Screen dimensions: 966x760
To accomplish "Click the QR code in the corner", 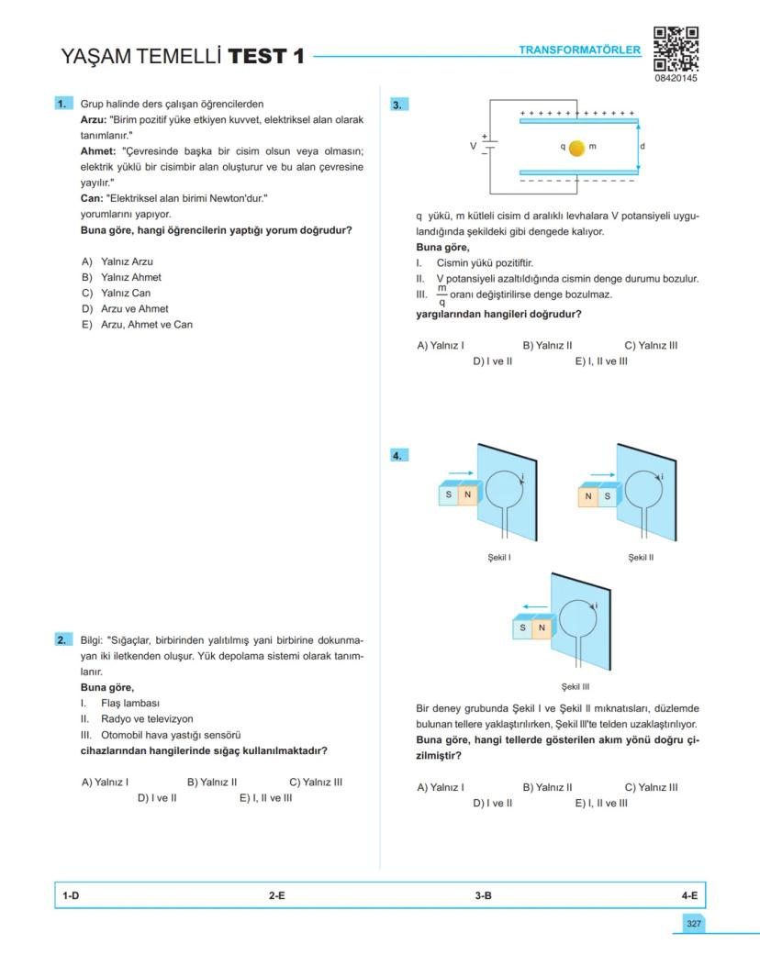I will pos(676,49).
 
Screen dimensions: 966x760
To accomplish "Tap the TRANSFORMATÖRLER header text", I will pos(579,50).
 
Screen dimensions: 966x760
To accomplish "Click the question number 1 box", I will pos(63,105).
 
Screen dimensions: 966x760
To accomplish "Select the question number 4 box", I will pos(398,455).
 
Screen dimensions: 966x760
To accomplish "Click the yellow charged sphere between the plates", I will pos(576,147).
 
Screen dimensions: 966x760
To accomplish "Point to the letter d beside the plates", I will pos(643,147).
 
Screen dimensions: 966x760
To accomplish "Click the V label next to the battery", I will pos(474,146).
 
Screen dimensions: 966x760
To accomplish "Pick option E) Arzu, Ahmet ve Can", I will pos(137,325).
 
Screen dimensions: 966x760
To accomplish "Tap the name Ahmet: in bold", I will pos(99,151).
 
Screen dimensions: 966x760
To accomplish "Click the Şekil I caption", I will pos(499,557).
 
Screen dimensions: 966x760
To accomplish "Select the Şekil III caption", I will pos(576,686).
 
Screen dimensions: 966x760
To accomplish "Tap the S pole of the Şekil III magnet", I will pos(522,628).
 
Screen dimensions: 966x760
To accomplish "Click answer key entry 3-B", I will pos(483,895).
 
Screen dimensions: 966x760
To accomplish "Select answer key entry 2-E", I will pos(276,895).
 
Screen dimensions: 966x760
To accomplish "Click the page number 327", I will pos(691,923).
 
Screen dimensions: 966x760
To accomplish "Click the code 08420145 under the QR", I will pos(676,78).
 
